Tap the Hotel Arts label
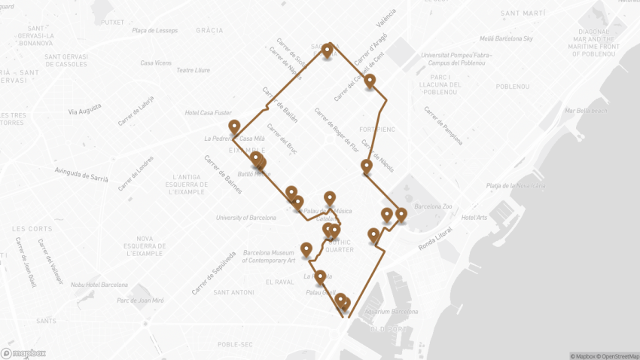[x=475, y=217]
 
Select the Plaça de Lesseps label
[x=154, y=30]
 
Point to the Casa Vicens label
[x=156, y=63]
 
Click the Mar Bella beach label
[x=586, y=111]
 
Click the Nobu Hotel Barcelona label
[x=99, y=285]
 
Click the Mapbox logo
[x=23, y=352]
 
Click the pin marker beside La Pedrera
[x=234, y=127]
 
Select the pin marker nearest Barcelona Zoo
[x=401, y=215]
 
